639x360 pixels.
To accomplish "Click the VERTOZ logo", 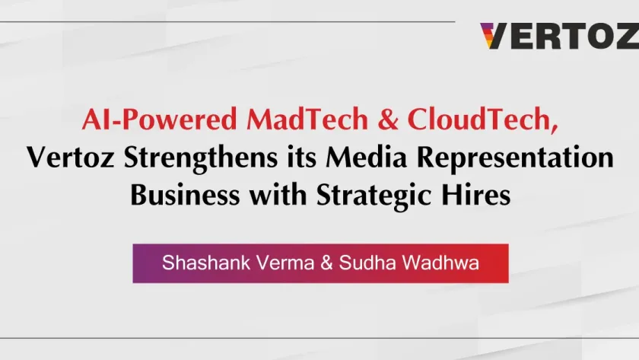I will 558,36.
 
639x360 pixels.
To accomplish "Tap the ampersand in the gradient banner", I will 313,263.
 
